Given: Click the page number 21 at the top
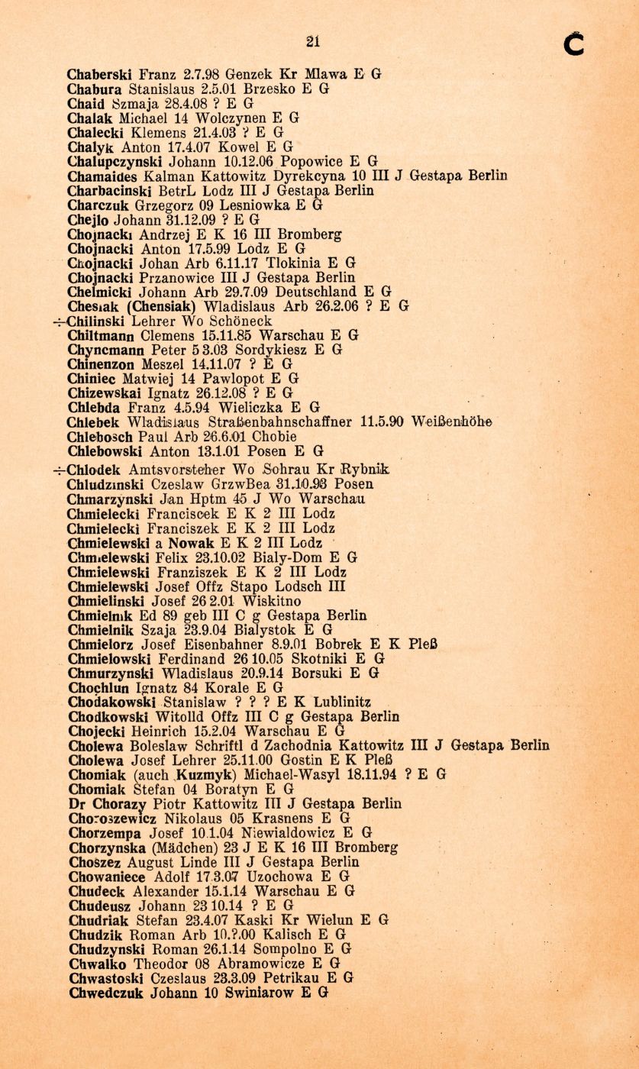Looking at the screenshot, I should [x=312, y=42].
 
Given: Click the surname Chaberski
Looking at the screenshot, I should [x=99, y=75].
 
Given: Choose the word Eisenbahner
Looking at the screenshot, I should [x=240, y=644].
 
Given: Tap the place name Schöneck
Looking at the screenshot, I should [x=238, y=321].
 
